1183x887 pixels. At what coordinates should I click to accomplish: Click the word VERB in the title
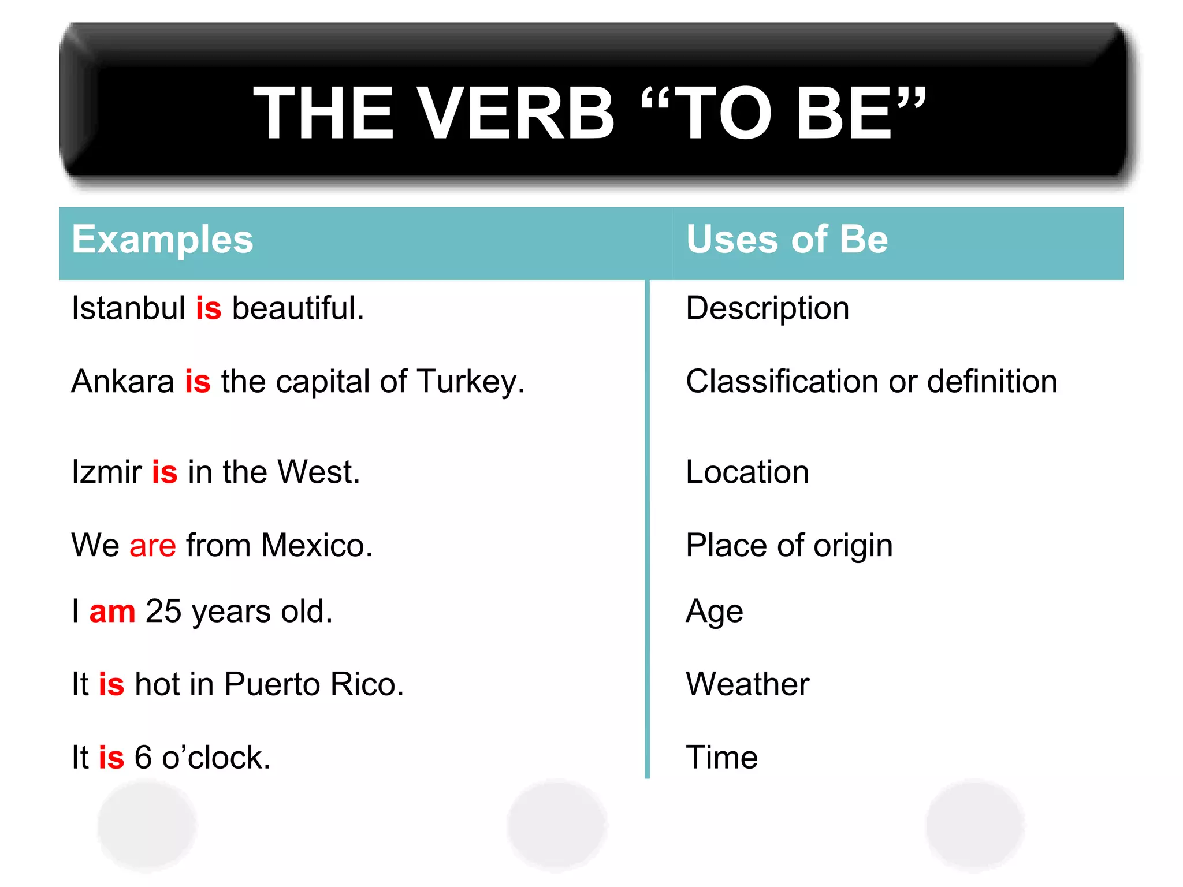pos(515,113)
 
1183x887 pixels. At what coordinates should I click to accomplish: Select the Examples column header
pos(162,239)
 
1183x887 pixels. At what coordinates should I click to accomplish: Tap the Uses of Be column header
pos(787,239)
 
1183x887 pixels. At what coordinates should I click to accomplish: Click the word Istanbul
pos(128,308)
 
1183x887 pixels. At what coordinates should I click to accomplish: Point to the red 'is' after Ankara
pos(198,382)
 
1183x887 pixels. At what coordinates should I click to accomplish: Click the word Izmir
pos(106,472)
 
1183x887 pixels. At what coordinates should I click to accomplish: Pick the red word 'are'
pos(152,546)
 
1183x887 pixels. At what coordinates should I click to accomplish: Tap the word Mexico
pos(316,546)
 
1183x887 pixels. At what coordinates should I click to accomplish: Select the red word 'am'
pos(112,612)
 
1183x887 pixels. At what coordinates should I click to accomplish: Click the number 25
pos(163,612)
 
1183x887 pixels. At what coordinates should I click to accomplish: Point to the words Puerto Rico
pos(314,685)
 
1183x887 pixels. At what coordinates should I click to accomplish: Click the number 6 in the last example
pos(143,758)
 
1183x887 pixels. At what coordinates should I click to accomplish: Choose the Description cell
pos(767,308)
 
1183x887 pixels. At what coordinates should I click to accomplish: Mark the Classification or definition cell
pos(871,382)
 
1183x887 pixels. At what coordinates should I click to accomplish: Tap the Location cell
pos(747,472)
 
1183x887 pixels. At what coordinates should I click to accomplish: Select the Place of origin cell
pos(789,546)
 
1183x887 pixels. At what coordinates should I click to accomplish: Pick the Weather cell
pos(747,685)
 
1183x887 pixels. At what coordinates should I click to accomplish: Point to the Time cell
pos(721,758)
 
